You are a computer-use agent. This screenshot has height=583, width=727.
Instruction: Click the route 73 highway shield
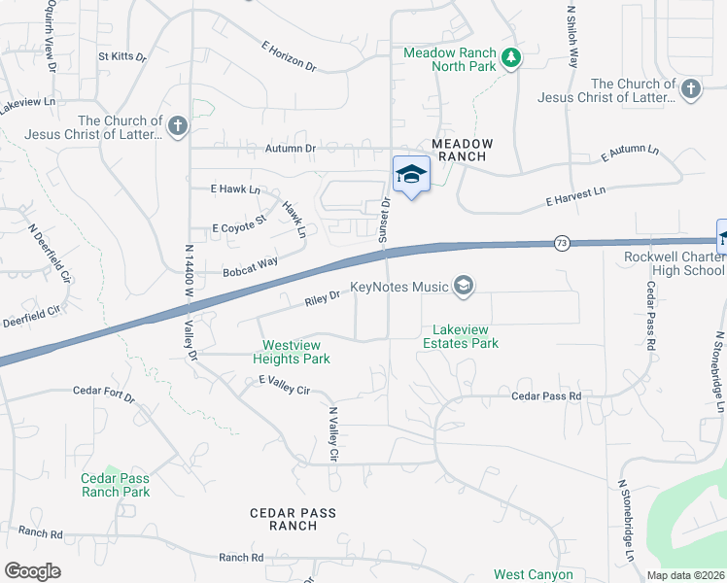pyautogui.click(x=562, y=243)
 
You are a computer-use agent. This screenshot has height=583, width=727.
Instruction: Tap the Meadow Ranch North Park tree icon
pyautogui.click(x=511, y=59)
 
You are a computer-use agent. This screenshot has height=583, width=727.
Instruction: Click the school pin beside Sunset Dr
pyautogui.click(x=411, y=175)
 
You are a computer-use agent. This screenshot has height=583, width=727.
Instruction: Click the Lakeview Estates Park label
pyautogui.click(x=460, y=336)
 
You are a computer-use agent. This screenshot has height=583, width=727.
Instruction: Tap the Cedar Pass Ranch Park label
pyautogui.click(x=116, y=485)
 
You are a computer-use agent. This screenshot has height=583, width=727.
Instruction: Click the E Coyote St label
pyautogui.click(x=238, y=226)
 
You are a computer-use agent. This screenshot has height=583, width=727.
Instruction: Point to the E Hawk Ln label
pyautogui.click(x=235, y=189)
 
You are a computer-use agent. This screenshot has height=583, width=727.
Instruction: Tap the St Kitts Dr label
pyautogui.click(x=121, y=57)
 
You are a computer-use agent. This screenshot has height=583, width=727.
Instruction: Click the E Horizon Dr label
pyautogui.click(x=289, y=56)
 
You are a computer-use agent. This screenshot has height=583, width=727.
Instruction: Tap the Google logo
pyautogui.click(x=33, y=571)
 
